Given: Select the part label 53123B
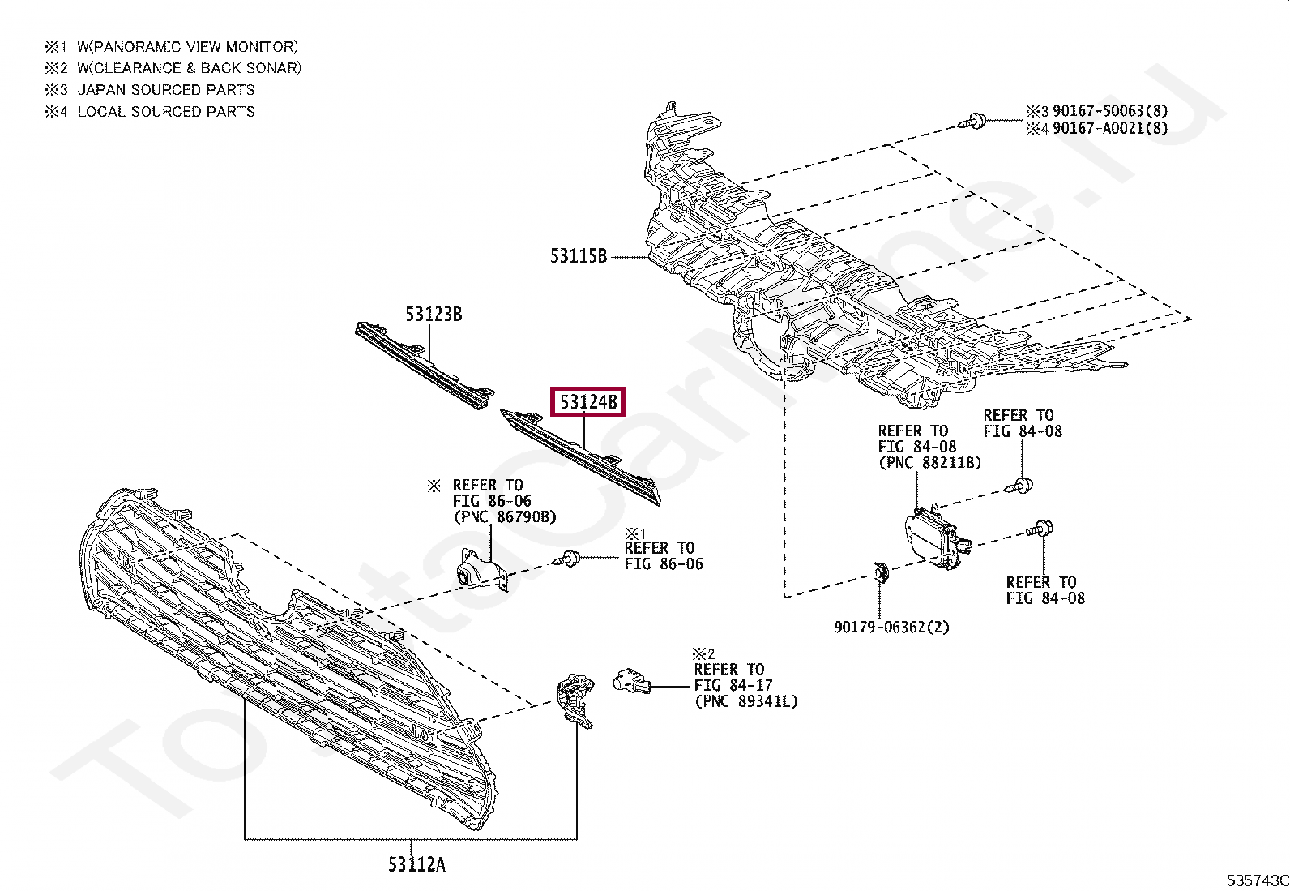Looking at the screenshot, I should pos(434,315).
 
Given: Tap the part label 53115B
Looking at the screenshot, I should pos(579,257).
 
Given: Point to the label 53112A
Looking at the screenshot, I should pos(416,864).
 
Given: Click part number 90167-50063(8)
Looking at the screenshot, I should pos(1109,111).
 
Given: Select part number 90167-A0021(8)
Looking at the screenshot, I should pos(1109,128).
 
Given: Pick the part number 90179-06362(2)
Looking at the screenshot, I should pos(892,627).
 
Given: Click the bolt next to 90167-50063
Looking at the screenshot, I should pos(973,122).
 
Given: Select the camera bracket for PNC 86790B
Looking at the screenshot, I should pos(481,572).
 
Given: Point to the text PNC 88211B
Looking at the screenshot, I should pos(929,463).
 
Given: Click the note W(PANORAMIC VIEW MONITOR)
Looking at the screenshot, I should pos(187,47).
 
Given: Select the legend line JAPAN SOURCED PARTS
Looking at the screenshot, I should pos(165,90).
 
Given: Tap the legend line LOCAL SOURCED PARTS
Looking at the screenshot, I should pos(165,112).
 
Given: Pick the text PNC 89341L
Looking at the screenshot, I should pos(745,701).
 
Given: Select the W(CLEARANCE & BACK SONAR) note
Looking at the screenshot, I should pos(189,68).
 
